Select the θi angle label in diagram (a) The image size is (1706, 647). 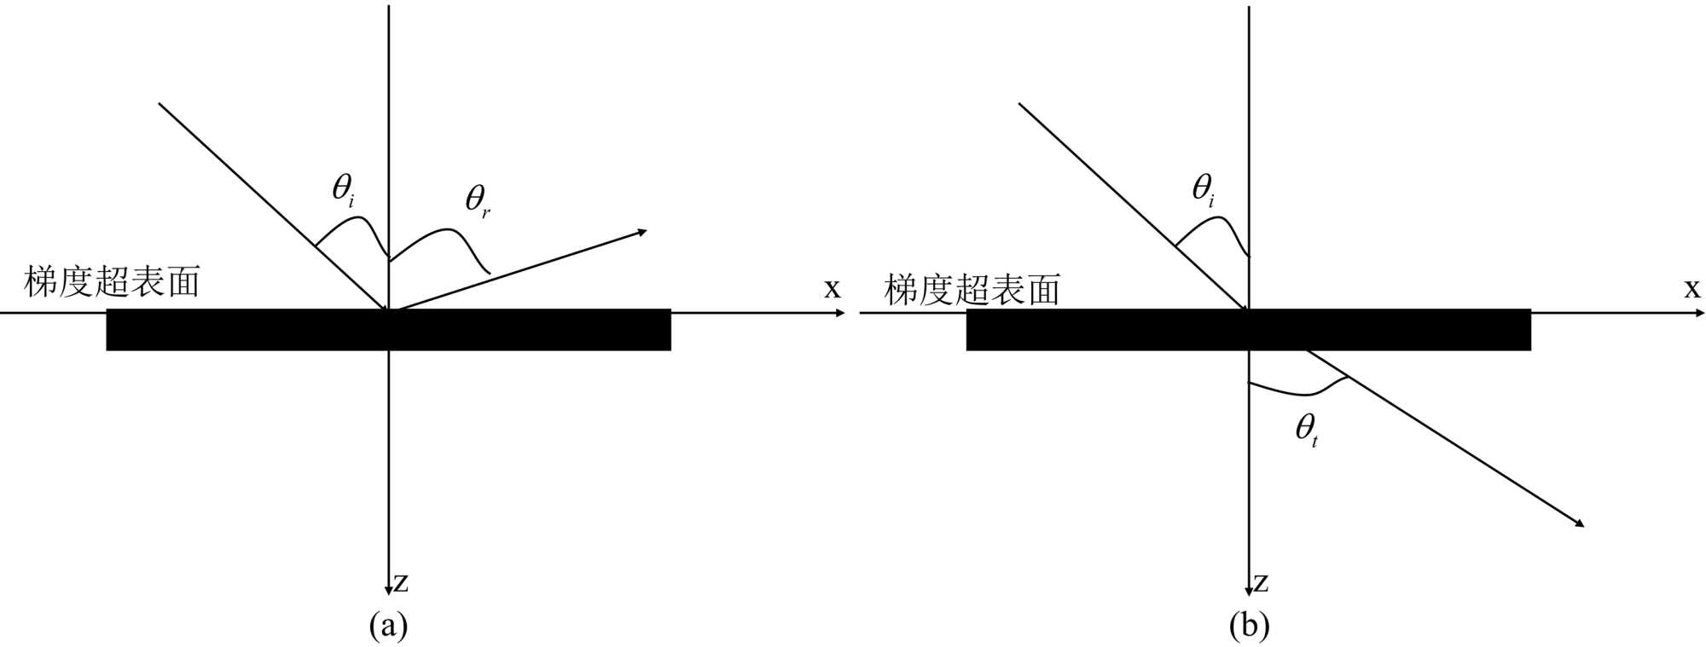[343, 191]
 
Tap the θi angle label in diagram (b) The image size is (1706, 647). [1203, 191]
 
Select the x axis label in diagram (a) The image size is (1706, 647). [832, 289]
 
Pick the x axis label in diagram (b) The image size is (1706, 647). [1691, 289]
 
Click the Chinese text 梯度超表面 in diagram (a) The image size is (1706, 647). [113, 282]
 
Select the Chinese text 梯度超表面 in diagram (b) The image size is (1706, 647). [972, 290]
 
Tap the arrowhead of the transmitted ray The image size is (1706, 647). [1579, 523]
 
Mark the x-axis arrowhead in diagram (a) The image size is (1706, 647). [841, 313]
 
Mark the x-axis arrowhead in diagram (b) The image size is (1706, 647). [1700, 313]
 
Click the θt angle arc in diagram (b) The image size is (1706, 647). [1301, 393]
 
